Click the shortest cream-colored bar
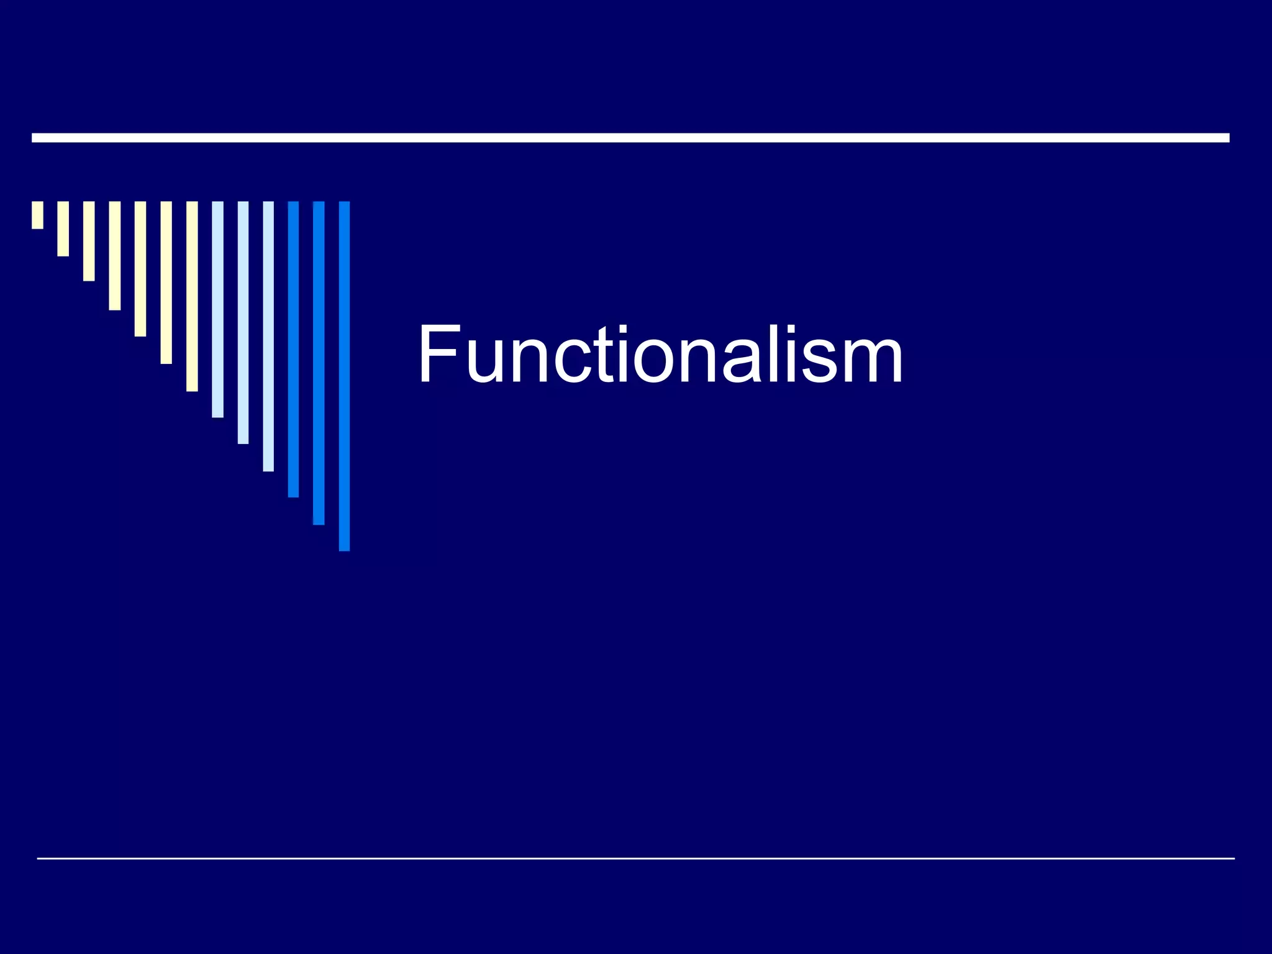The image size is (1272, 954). point(37,215)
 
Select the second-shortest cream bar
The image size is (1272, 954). point(63,229)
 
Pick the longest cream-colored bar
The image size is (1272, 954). point(192,296)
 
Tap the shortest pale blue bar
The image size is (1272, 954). point(217,309)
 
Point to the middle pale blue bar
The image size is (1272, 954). point(243,322)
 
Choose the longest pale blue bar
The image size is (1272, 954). point(268,336)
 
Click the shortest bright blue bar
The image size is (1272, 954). point(293,349)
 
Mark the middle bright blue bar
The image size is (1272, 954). point(319,363)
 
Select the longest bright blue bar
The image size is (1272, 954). point(344,376)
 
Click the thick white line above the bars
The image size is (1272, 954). point(630,138)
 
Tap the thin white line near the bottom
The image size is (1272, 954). point(635,858)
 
